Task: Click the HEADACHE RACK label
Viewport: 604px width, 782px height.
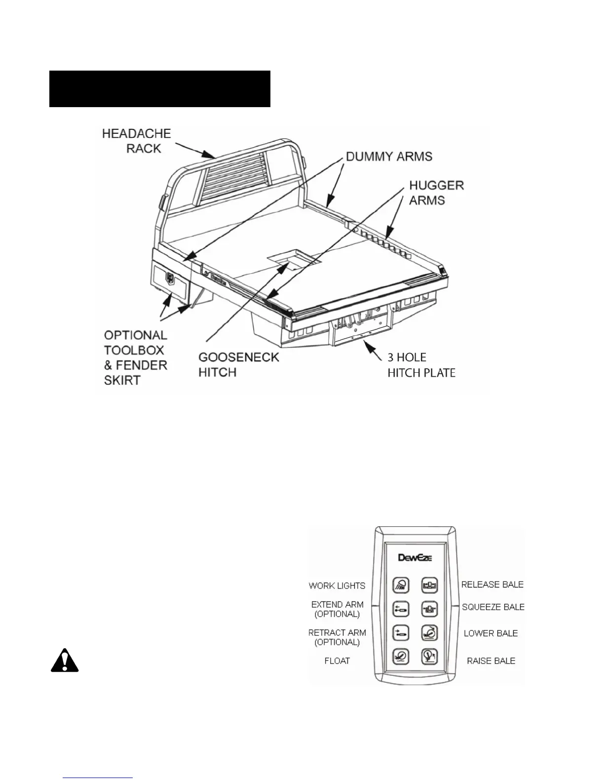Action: pos(137,141)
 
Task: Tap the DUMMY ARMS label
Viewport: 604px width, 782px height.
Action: pos(389,156)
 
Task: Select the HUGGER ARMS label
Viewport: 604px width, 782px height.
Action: pos(436,193)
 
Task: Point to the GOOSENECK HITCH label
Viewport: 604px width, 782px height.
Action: pos(238,364)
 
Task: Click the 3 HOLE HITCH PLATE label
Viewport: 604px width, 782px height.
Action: pos(421,365)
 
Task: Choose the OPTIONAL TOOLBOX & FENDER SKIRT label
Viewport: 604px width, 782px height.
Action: pos(135,357)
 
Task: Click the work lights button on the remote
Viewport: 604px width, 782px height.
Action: pos(401,585)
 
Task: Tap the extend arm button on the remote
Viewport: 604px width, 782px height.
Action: pos(401,609)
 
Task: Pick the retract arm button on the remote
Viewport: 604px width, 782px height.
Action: pos(401,632)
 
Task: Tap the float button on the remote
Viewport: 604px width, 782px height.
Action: pos(401,656)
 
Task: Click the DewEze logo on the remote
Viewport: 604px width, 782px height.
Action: pos(415,557)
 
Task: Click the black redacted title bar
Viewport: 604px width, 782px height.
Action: pos(159,89)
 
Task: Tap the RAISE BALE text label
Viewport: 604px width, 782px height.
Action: pos(491,661)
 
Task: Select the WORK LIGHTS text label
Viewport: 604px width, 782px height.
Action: pos(337,586)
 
